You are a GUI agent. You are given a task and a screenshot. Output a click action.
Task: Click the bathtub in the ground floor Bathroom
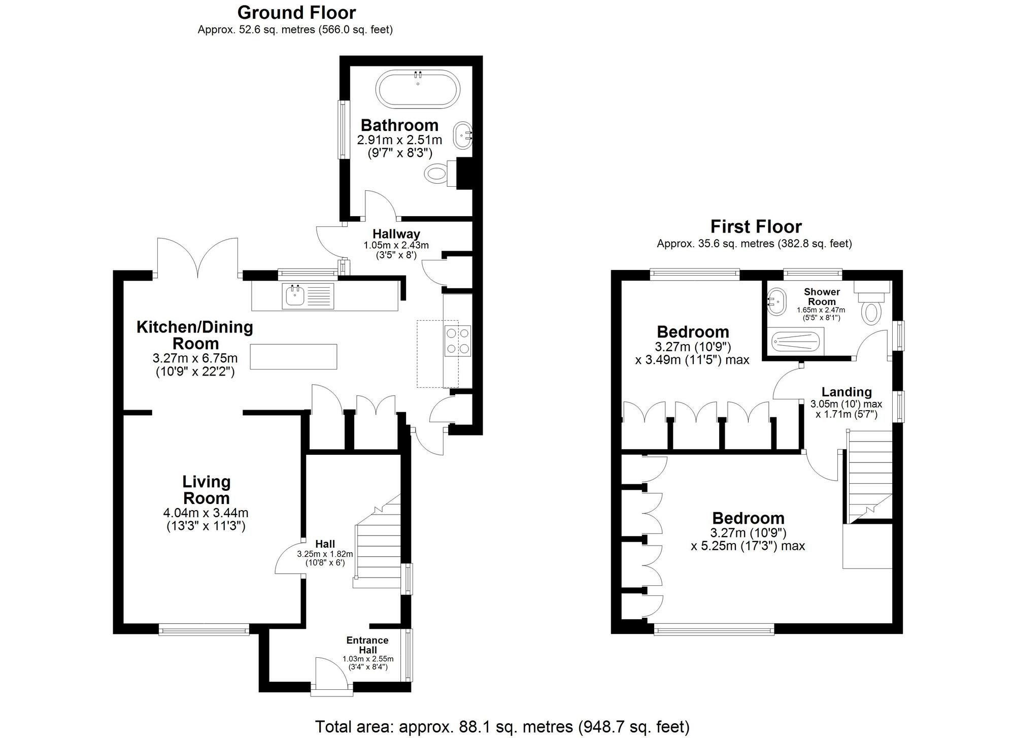point(418,89)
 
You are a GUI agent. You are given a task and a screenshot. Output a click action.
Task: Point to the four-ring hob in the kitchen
point(457,341)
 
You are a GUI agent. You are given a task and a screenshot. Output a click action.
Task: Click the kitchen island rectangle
point(294,357)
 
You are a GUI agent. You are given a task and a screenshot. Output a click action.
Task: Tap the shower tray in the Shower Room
point(796,342)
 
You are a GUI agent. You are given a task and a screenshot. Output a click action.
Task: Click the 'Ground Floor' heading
point(296,12)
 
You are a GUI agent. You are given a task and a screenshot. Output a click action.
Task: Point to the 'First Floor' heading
point(756,226)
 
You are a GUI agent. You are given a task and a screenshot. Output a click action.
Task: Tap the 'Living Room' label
point(207,489)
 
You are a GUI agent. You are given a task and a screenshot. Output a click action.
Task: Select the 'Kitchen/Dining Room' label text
point(195,335)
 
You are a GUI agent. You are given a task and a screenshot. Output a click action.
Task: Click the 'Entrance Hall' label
point(367,645)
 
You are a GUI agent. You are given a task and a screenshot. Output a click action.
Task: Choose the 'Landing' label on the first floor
point(847,392)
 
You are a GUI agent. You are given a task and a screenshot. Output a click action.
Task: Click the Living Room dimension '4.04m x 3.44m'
point(206,513)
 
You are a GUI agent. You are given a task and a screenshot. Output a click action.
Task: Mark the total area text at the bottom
point(502,727)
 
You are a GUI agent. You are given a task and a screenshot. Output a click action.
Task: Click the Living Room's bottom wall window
point(204,630)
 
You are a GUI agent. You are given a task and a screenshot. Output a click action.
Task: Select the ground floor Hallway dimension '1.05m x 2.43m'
point(396,245)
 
